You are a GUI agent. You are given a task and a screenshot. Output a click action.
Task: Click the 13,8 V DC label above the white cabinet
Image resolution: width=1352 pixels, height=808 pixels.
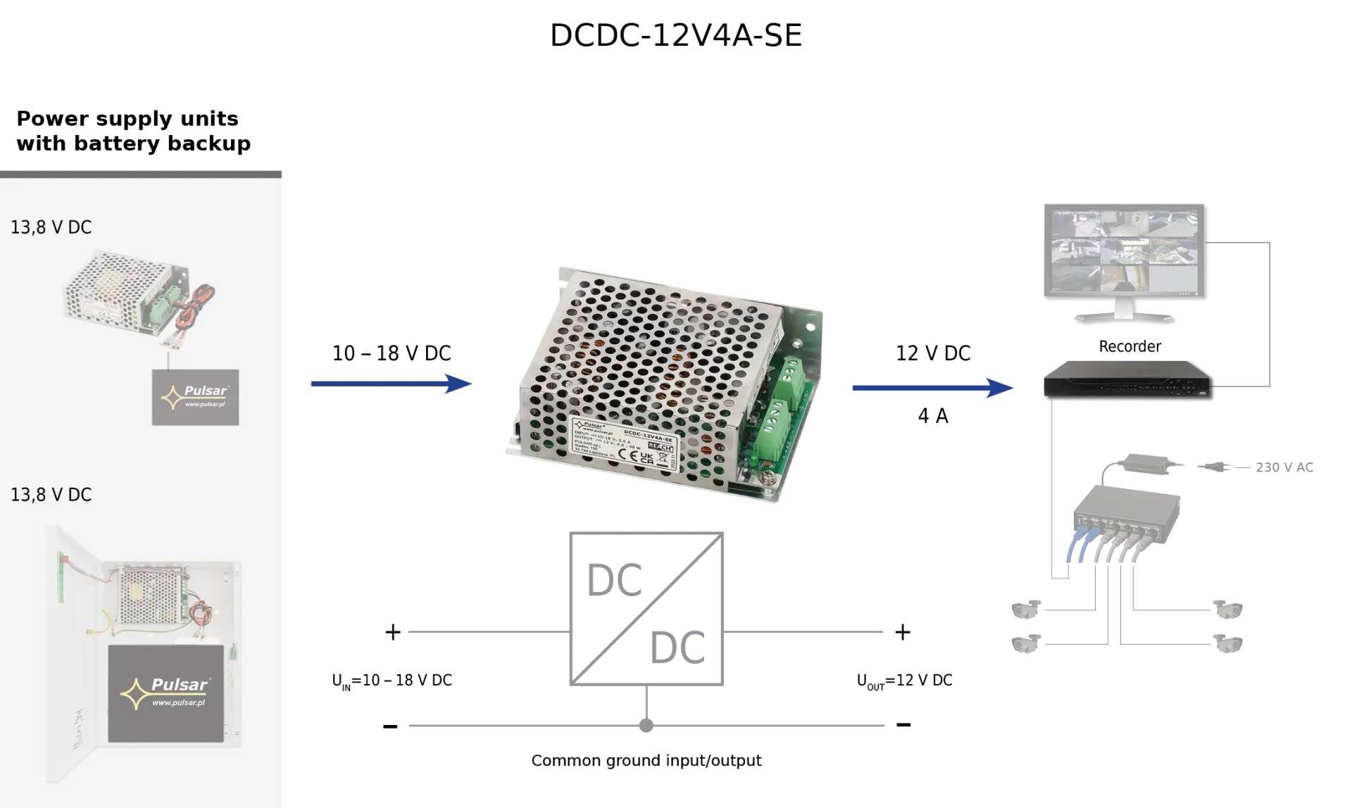51,495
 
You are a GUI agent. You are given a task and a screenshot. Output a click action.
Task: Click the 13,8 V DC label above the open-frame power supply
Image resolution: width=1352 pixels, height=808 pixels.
51,227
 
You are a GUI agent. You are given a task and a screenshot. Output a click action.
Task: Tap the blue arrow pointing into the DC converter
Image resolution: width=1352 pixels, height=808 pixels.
391,384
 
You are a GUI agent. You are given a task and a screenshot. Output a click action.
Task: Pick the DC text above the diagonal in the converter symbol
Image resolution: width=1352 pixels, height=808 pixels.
614,581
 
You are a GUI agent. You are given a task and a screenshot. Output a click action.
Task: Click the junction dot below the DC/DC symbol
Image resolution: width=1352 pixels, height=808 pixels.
647,726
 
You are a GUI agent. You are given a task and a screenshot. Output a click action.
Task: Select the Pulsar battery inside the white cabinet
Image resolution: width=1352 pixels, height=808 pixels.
165,695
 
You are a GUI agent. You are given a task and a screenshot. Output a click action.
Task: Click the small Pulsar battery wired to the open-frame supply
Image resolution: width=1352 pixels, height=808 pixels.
195,397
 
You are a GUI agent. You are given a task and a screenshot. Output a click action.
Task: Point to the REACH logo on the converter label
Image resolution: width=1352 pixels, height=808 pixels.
660,448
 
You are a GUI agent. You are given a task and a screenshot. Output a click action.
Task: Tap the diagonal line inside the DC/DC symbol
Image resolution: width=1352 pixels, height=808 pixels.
647,607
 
